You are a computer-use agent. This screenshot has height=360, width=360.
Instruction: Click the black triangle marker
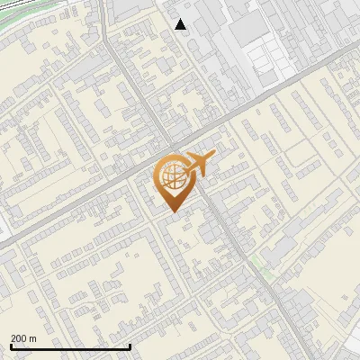pyautogui.click(x=181, y=24)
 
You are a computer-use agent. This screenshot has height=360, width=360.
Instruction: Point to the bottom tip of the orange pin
pyautogui.click(x=172, y=212)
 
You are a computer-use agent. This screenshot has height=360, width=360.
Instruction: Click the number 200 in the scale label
pyautogui.click(x=19, y=338)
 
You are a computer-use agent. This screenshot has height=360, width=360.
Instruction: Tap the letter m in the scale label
pyautogui.click(x=32, y=338)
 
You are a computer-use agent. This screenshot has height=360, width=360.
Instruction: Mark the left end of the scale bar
pyautogui.click(x=10, y=346)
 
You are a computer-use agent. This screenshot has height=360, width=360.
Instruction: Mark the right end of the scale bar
pyautogui.click(x=130, y=346)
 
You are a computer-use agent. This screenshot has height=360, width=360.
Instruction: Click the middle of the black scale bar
pyautogui.click(x=70, y=346)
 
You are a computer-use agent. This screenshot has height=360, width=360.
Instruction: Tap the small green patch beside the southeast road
pyautogui.click(x=262, y=262)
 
